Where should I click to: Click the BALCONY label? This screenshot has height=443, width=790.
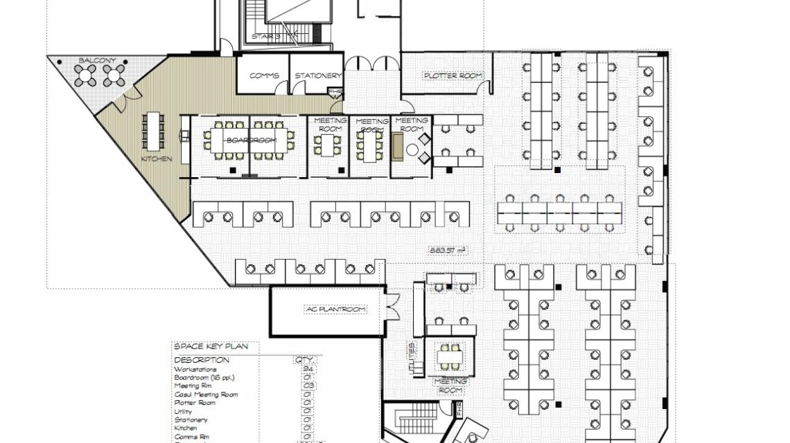[97, 61]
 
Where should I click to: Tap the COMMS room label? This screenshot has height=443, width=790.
[264, 75]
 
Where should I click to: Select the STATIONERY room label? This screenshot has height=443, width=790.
[318, 75]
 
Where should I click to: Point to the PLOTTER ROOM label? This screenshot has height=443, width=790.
[453, 75]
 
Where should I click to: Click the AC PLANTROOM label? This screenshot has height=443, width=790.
[335, 309]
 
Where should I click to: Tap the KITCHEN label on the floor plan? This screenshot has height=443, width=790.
[157, 159]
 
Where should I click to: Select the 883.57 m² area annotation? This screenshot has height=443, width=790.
[447, 250]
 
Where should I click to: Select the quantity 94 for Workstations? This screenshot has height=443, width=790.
[308, 369]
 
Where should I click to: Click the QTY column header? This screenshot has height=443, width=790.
[304, 360]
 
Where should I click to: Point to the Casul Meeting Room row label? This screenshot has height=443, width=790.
[205, 395]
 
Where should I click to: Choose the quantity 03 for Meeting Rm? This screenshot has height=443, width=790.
[308, 386]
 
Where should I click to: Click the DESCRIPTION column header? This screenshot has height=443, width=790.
[202, 360]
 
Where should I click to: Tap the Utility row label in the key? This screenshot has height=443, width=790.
[184, 411]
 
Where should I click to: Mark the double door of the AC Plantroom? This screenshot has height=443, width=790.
[393, 305]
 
